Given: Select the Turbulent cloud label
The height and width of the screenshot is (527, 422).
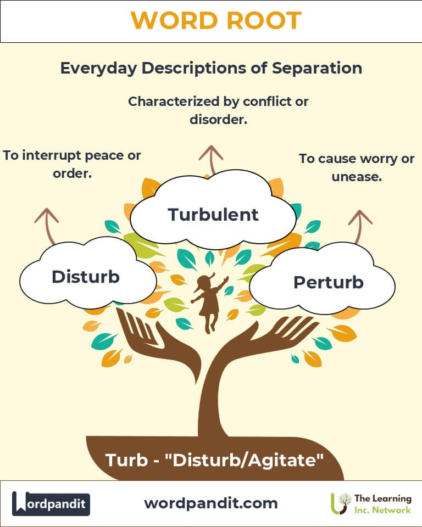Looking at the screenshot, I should pyautogui.click(x=213, y=215).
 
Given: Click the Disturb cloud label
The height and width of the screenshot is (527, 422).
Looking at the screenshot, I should pyautogui.click(x=85, y=277).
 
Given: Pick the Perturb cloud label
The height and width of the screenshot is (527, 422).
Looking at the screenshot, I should pyautogui.click(x=328, y=282).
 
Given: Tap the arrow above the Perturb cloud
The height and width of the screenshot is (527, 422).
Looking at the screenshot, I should pyautogui.click(x=359, y=225).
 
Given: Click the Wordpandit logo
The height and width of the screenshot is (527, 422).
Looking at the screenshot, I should pyautogui.click(x=51, y=503).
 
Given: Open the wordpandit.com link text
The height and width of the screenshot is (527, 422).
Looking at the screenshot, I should pyautogui.click(x=210, y=503).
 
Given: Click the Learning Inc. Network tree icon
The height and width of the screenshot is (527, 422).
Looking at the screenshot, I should pyautogui.click(x=340, y=503).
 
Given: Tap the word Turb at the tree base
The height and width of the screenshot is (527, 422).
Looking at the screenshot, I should pyautogui.click(x=123, y=459).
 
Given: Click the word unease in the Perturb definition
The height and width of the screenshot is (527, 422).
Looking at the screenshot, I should pyautogui.click(x=357, y=177).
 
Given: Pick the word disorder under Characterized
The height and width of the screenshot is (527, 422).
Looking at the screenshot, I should pyautogui.click(x=218, y=119).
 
